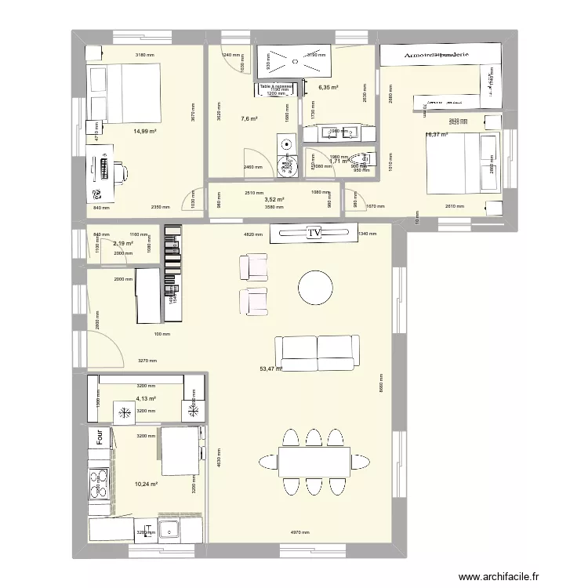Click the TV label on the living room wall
pyautogui.click(x=314, y=233)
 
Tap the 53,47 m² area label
pyautogui.click(x=271, y=368)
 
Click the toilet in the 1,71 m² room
pyautogui.click(x=360, y=158)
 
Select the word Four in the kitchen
pyautogui.click(x=100, y=436)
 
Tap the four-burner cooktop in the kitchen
pyautogui.click(x=100, y=483)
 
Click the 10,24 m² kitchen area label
pyautogui.click(x=146, y=485)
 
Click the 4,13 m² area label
pyautogui.click(x=146, y=399)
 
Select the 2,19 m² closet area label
pyautogui.click(x=124, y=244)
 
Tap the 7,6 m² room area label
pyautogui.click(x=249, y=119)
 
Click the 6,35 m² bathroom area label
pyautogui.click(x=328, y=88)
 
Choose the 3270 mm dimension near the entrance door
pyautogui.click(x=147, y=361)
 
